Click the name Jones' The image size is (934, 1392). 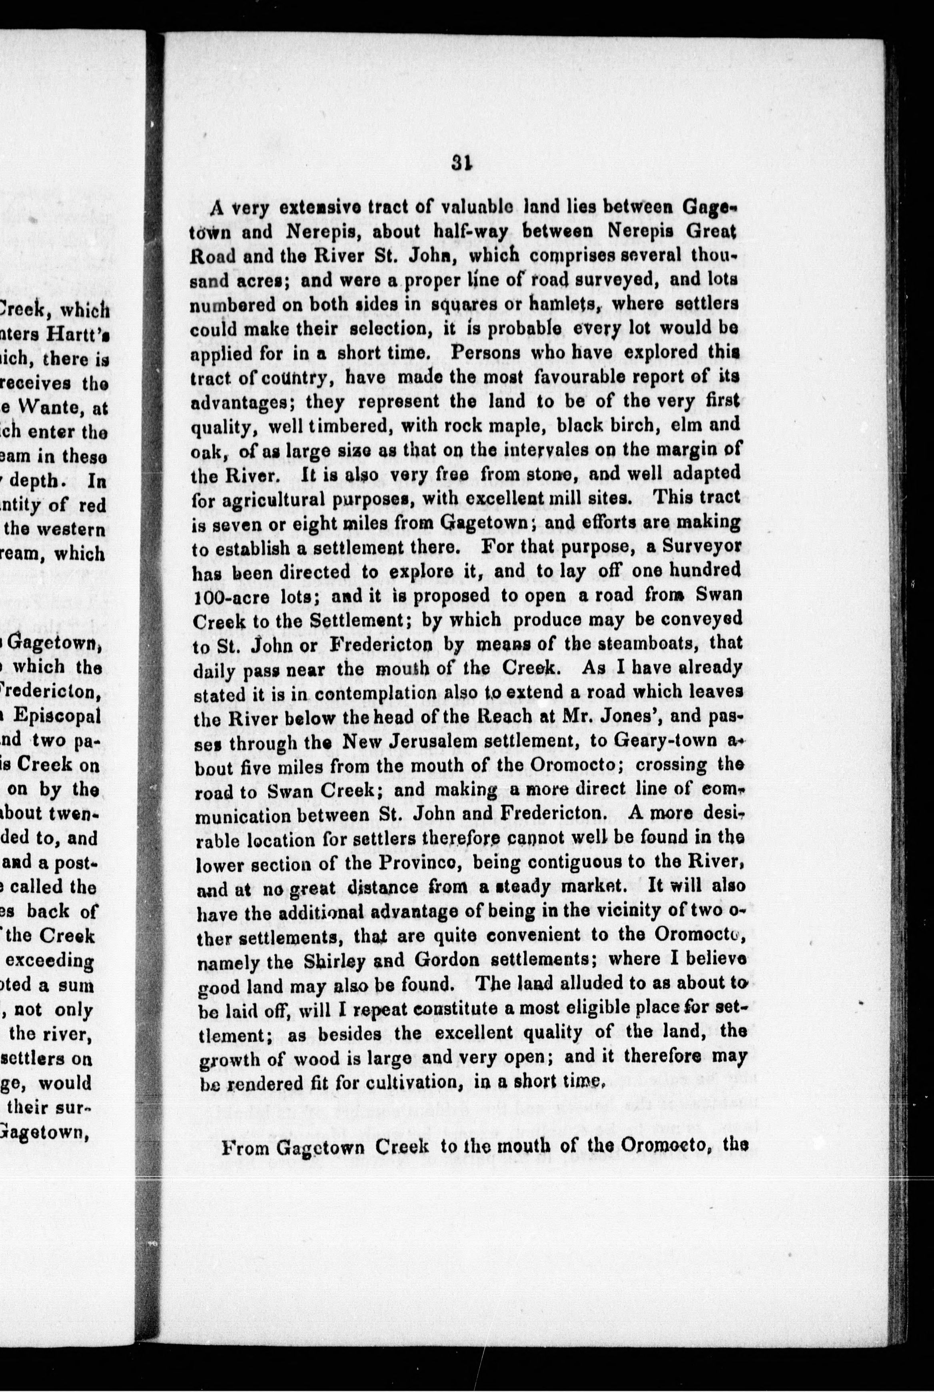(634, 717)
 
